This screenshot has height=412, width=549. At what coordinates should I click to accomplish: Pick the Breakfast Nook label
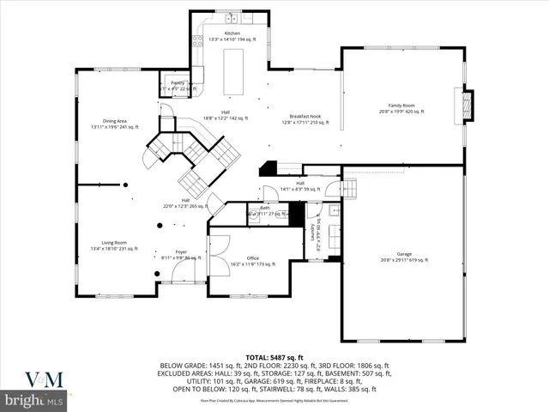pyautogui.click(x=305, y=118)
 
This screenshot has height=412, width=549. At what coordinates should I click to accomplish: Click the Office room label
pyautogui.click(x=252, y=260)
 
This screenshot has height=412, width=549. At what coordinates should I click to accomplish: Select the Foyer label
pyautogui.click(x=181, y=254)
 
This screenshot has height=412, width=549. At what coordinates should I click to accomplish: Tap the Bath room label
pyautogui.click(x=265, y=209)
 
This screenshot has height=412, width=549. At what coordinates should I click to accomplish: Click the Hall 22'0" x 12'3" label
pyautogui.click(x=185, y=203)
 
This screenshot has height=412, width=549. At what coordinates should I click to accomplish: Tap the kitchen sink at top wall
pyautogui.click(x=232, y=18)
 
